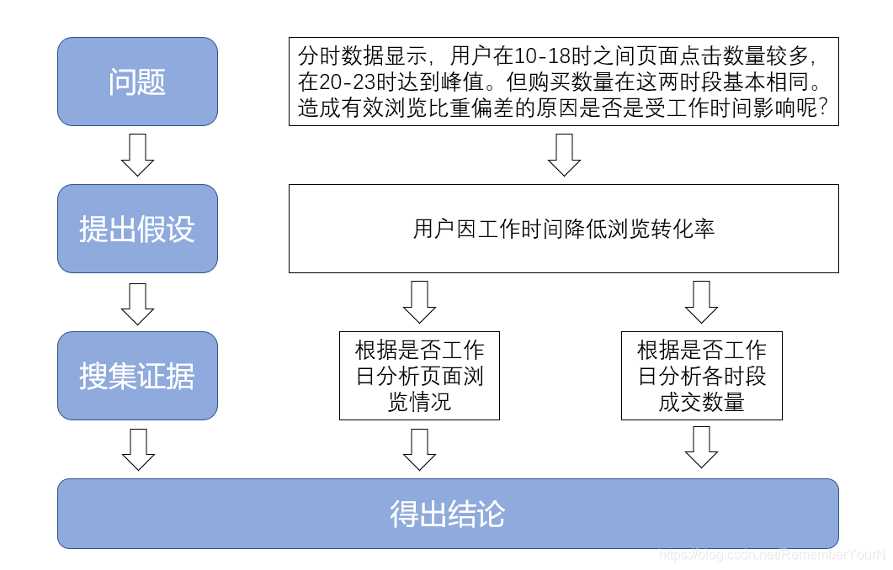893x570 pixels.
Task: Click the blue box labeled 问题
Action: coord(137,82)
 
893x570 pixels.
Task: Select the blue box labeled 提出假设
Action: coord(137,229)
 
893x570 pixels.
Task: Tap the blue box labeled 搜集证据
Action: coord(137,376)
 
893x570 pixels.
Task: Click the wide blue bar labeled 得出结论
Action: coord(448,514)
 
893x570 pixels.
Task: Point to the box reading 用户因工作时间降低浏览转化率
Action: coord(563,229)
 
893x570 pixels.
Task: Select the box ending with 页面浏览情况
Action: coord(419,376)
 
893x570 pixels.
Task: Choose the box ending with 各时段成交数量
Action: coord(701,376)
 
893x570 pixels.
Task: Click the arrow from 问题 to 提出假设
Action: coord(137,155)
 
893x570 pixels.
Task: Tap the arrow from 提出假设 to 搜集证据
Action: coord(137,303)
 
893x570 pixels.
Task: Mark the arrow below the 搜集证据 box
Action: coord(137,449)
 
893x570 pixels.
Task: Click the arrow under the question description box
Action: coord(563,155)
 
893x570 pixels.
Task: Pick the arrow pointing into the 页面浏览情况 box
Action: coord(419,302)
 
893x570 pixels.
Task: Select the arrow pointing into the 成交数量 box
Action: coord(701,302)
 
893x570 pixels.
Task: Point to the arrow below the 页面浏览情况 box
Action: coord(419,449)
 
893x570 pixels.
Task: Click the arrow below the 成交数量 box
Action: coord(701,447)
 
